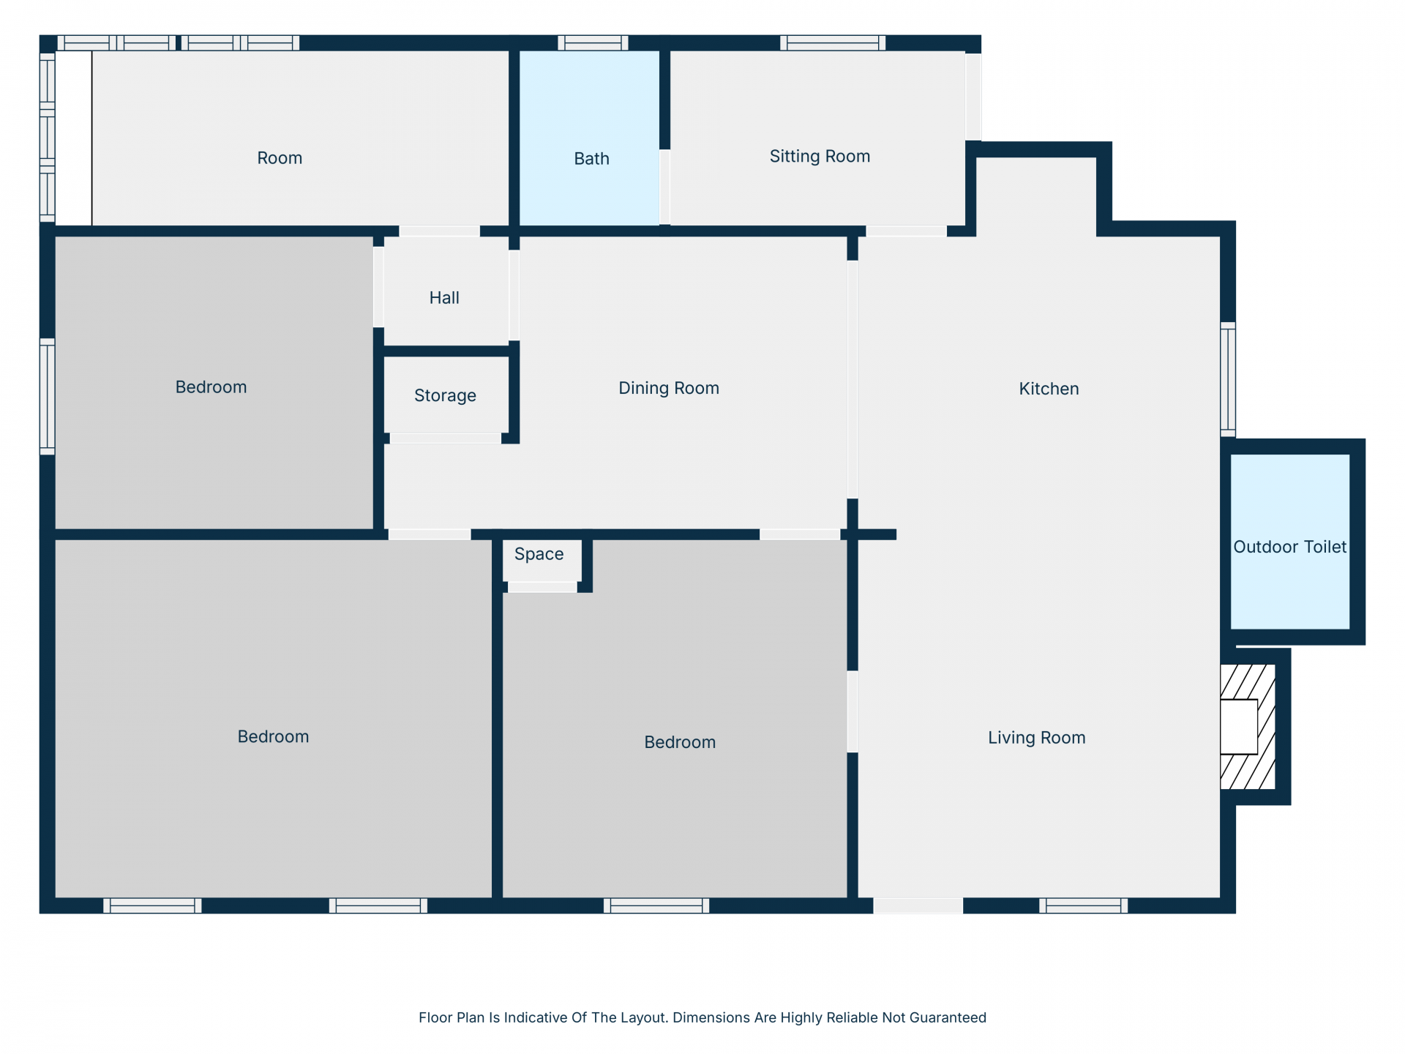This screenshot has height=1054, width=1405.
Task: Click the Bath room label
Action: click(x=591, y=159)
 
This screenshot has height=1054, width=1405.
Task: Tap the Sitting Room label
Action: click(x=820, y=157)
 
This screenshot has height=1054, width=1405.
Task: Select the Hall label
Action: click(x=444, y=298)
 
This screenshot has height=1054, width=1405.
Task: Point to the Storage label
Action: click(x=445, y=396)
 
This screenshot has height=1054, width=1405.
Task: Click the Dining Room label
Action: click(x=669, y=389)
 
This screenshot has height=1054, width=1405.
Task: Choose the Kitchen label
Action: click(x=1049, y=389)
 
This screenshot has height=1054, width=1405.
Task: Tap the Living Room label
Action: click(x=1037, y=738)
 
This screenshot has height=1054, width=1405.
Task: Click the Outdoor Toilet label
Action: click(x=1290, y=547)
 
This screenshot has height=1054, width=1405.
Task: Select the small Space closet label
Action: click(x=539, y=554)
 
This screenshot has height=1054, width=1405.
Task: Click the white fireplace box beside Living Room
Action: click(x=1239, y=727)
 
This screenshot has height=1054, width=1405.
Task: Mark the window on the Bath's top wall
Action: click(x=593, y=43)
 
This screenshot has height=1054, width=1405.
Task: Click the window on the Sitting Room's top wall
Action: click(x=833, y=43)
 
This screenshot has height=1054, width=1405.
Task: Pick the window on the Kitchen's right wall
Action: click(x=1228, y=380)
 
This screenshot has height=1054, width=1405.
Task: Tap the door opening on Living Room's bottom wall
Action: click(x=918, y=906)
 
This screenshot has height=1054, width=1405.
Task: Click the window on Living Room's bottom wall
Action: click(x=1084, y=906)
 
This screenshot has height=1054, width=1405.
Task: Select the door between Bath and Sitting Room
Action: click(x=664, y=187)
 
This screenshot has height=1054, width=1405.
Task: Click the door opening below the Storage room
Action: click(x=446, y=438)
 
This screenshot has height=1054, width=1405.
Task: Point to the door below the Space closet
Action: click(x=542, y=587)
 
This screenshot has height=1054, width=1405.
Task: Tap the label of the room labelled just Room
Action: click(x=280, y=158)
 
